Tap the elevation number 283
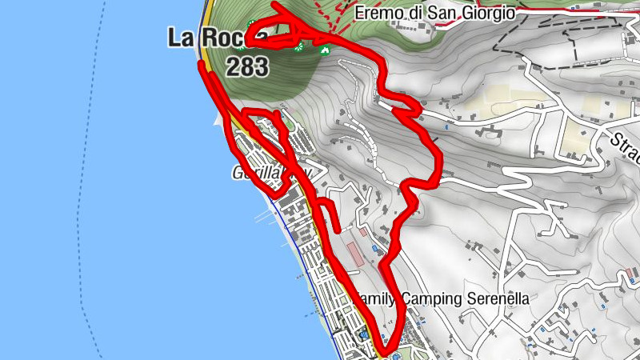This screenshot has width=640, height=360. tap(246, 67)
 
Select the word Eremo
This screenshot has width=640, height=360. tap(378, 13)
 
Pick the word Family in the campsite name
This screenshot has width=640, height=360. tap(375, 298)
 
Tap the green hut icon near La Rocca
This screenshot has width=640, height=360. tap(325, 50)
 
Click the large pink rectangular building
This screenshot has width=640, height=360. tap(354, 255)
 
